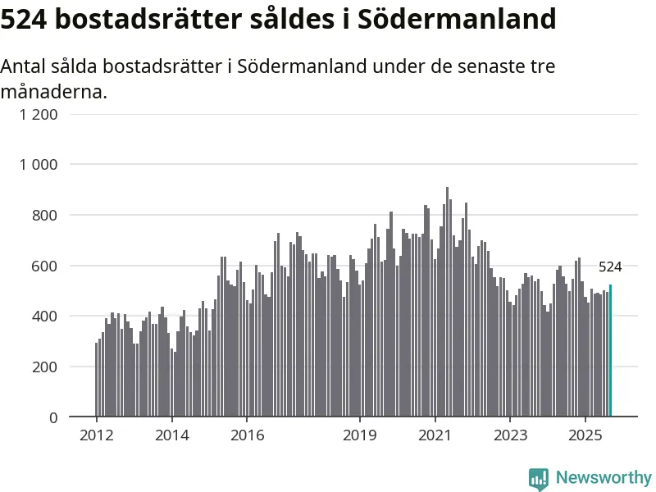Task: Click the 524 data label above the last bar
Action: click(610, 266)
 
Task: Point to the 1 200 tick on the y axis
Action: click(39, 114)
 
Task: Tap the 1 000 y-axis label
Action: click(39, 165)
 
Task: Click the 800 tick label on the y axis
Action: click(46, 215)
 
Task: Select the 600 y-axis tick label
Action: click(46, 266)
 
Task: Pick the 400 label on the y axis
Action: click(46, 317)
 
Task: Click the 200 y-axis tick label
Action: click(46, 367)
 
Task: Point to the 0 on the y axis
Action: click(53, 417)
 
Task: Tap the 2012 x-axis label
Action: click(96, 435)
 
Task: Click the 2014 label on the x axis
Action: click(171, 435)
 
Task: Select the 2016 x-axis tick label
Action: click(247, 435)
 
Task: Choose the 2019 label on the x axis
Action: click(359, 435)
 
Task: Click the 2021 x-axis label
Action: click(435, 435)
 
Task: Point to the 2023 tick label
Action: click(510, 435)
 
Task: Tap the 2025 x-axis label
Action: click(585, 435)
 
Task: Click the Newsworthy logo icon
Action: click(539, 478)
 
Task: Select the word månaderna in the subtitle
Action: click(53, 92)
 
